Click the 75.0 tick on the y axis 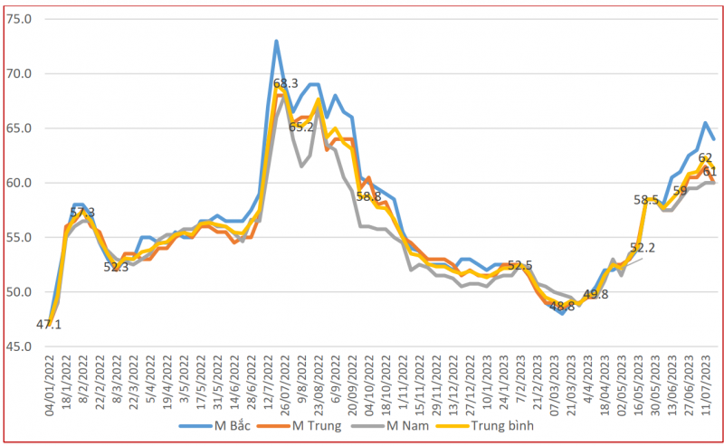coord(18,19)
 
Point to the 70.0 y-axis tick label coord(18,73)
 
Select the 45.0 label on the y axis coord(18,346)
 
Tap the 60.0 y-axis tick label coord(18,183)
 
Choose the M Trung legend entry coord(325,425)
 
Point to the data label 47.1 coord(49,324)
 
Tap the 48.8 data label coord(562,306)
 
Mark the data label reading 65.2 coord(301,127)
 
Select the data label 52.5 coord(520,265)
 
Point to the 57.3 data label coord(82,213)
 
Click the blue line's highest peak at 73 coord(276,41)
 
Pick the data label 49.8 coord(595,294)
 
